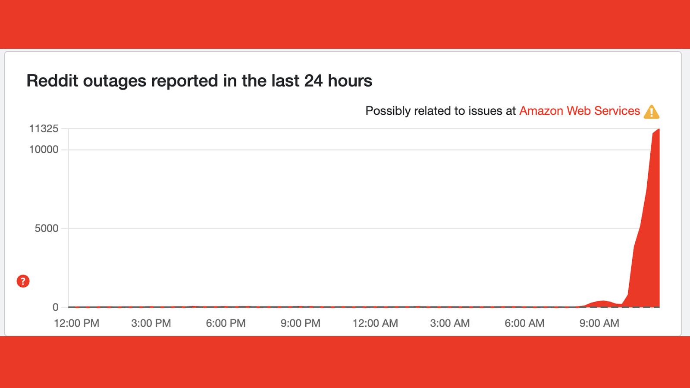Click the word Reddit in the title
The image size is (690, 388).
tap(52, 81)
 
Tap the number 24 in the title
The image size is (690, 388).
tap(313, 81)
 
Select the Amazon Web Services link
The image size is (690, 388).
tap(580, 111)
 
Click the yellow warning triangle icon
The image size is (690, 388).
tap(651, 112)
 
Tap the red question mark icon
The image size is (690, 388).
tap(23, 281)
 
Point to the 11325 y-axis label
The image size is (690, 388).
tap(44, 129)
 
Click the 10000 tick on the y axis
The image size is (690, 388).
tap(44, 150)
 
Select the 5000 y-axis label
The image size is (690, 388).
tap(47, 228)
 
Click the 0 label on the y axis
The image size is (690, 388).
tap(56, 307)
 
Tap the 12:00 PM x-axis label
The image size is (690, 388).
tap(76, 323)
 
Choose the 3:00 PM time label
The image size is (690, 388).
tap(151, 323)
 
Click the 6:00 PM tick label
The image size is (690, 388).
tap(226, 323)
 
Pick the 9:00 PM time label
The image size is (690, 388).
tap(300, 323)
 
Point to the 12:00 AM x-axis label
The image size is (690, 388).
tap(375, 323)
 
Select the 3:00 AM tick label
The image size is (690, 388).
tap(450, 323)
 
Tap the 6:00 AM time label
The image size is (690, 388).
tap(524, 323)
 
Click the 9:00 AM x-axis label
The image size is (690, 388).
tap(599, 323)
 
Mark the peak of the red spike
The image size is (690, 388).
tap(659, 129)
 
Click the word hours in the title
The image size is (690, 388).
tap(350, 81)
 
